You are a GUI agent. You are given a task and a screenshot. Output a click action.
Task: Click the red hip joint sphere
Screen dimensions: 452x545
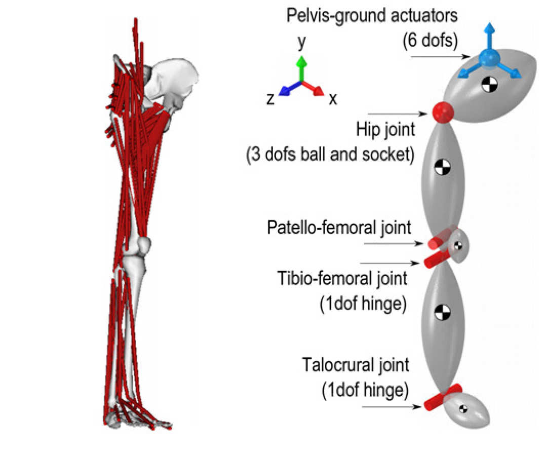442,111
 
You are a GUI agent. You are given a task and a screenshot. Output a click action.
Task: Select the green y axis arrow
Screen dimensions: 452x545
302,68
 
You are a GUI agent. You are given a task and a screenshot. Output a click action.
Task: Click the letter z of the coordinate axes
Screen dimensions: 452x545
271,99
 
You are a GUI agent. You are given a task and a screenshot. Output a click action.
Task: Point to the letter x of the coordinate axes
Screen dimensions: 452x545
333,99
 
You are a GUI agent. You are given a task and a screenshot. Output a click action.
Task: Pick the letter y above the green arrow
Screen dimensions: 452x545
302,44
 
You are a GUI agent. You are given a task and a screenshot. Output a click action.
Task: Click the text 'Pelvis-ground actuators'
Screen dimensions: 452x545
372,16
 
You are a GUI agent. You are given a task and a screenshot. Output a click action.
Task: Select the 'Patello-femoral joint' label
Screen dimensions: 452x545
339,228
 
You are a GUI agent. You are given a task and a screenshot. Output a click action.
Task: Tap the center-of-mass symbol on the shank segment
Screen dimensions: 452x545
442,311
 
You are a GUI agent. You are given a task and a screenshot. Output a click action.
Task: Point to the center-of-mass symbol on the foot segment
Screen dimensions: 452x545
462,408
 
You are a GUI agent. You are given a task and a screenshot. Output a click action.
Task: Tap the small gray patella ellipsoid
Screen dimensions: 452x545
459,245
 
